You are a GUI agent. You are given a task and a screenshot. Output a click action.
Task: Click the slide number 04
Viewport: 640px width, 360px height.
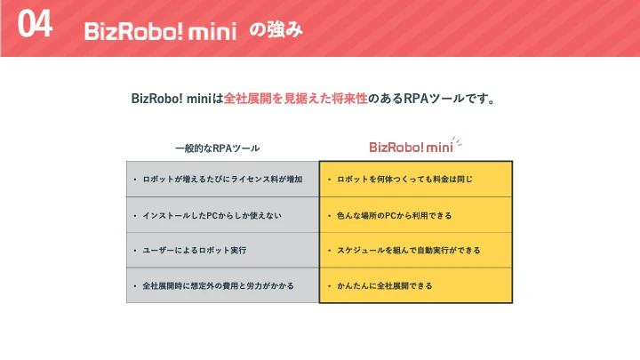pos(35,24)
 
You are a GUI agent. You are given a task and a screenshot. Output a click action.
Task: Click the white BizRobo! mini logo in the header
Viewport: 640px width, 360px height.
pos(160,31)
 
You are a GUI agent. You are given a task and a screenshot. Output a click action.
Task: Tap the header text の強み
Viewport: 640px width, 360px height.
pos(276,29)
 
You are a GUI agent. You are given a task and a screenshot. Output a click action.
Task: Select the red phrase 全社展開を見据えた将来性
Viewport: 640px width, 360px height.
pos(295,99)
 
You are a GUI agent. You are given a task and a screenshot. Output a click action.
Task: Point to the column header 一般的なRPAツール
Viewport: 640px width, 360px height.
pos(218,148)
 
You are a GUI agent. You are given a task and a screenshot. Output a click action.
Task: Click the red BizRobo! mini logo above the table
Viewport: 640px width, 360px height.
pos(411,147)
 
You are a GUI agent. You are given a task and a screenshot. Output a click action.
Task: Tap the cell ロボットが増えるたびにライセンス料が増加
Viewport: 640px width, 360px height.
pos(222,180)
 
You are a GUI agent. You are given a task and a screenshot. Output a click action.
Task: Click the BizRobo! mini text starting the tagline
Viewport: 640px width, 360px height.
pos(171,99)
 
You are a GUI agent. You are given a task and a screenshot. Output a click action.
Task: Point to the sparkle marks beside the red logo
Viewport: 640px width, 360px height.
pos(457,141)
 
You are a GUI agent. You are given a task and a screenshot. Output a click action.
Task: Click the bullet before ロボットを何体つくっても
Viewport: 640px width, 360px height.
pos(330,180)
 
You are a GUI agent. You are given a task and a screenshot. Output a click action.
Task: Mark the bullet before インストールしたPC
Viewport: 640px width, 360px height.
pos(135,215)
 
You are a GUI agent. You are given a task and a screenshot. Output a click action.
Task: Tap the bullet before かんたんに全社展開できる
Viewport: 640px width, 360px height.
pos(330,285)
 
